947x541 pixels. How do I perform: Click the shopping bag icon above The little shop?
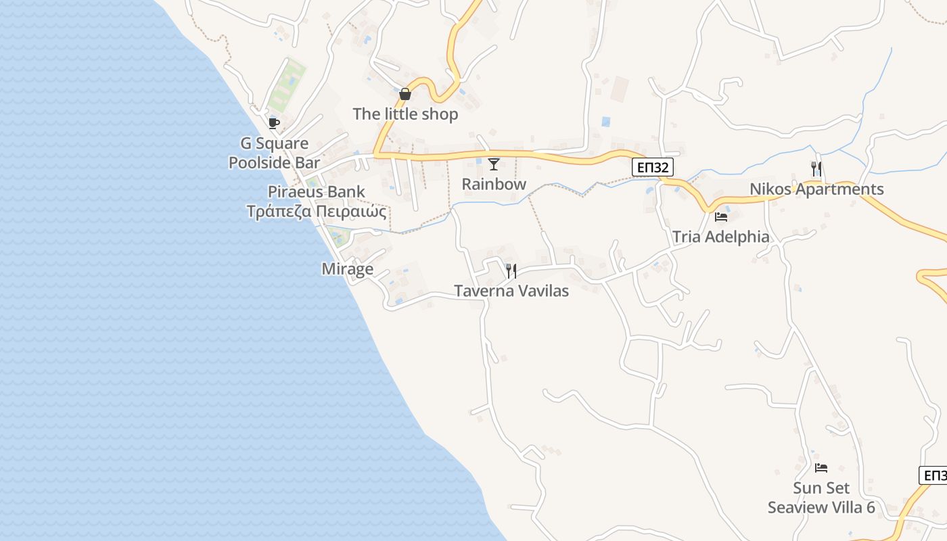[405, 94]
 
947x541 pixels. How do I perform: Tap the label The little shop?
[405, 114]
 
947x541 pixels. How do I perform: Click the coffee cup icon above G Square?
[273, 123]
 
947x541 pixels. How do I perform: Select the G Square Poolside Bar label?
[274, 153]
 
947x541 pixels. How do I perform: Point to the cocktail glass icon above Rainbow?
[494, 164]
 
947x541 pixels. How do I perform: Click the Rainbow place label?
[494, 184]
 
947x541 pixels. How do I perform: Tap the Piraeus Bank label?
[316, 191]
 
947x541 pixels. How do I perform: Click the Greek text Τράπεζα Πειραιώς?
[316, 212]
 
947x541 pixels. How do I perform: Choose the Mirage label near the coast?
[347, 269]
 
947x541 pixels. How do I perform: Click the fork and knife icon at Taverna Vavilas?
[511, 271]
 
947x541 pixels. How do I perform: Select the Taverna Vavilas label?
[511, 291]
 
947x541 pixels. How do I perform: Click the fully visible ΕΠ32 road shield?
[653, 167]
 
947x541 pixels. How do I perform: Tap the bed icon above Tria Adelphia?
[721, 217]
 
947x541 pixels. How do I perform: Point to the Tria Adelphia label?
[720, 237]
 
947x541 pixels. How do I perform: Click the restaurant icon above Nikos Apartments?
[816, 169]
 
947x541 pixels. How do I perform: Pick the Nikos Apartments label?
[816, 189]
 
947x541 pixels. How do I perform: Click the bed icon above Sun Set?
[821, 468]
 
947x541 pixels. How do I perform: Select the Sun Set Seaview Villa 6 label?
[821, 498]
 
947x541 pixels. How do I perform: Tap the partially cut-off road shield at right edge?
[934, 475]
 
